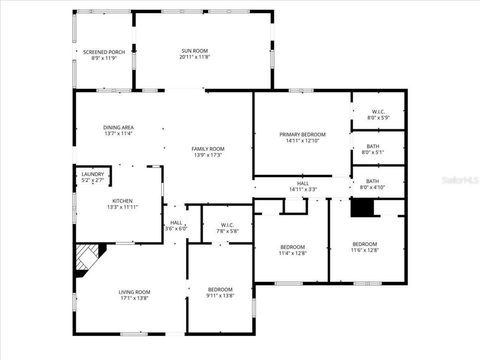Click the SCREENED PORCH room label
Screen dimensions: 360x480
click(x=104, y=52)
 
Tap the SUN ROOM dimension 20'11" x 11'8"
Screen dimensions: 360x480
click(x=195, y=57)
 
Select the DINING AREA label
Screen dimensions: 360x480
click(x=118, y=127)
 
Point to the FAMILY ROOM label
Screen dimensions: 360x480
click(x=208, y=149)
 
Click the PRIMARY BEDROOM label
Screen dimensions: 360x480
click(x=302, y=135)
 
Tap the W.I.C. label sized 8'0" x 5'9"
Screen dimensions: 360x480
click(x=378, y=112)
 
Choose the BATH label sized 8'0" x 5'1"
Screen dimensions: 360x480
click(x=373, y=146)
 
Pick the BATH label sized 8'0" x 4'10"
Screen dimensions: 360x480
click(x=373, y=181)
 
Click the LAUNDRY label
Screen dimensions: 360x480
click(x=93, y=174)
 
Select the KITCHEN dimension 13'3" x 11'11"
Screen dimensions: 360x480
click(x=123, y=207)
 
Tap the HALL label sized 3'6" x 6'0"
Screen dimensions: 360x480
click(x=176, y=223)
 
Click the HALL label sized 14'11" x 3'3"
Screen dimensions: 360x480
click(x=303, y=183)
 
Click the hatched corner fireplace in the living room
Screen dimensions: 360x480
click(x=87, y=258)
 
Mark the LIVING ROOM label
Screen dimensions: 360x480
click(x=134, y=292)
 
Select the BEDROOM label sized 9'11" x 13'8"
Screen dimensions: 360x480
click(x=220, y=289)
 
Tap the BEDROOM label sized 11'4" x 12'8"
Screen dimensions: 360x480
click(x=292, y=247)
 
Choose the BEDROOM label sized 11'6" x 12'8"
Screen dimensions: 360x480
click(x=364, y=244)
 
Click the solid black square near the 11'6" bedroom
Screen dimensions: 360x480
click(x=362, y=208)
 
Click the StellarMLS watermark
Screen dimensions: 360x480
click(x=460, y=181)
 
